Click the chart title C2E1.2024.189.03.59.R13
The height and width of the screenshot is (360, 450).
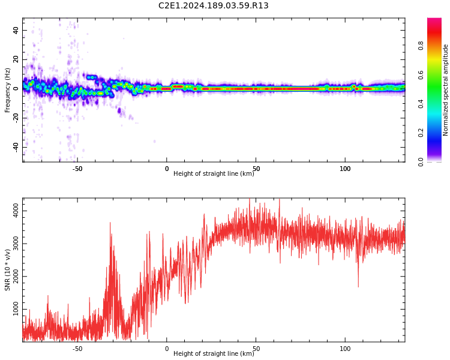213,5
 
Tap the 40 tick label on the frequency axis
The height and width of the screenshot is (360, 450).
16,30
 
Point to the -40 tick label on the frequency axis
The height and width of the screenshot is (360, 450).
16,148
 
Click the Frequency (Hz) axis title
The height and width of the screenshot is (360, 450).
7,90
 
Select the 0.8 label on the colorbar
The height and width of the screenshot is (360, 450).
421,46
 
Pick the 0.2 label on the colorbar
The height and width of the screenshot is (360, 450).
421,133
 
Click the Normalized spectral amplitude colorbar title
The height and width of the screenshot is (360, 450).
445,90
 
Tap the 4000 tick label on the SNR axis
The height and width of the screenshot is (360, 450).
16,211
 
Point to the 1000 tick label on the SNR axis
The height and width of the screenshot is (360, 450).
16,308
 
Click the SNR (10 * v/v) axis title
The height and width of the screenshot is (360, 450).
7,270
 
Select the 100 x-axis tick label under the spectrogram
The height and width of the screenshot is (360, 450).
345,169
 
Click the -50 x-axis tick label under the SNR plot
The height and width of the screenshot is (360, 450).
77,349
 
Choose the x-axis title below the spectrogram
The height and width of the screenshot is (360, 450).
214,173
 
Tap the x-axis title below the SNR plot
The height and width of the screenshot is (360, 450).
214,353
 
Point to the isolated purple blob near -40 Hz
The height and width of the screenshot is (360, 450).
154,141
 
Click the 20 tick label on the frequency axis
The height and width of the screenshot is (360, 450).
16,59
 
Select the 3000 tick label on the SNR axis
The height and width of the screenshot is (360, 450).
16,244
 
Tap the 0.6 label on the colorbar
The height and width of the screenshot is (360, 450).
421,74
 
